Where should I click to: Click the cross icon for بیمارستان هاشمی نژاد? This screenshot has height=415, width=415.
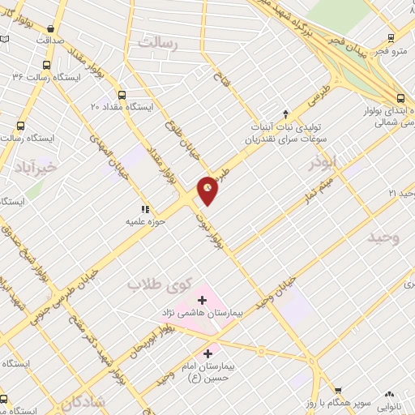(x=202, y=301)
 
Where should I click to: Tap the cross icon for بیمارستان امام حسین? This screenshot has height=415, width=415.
(x=208, y=353)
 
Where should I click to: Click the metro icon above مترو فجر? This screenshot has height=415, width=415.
(x=391, y=37)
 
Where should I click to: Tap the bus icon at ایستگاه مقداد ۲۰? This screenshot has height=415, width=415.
(x=122, y=93)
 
